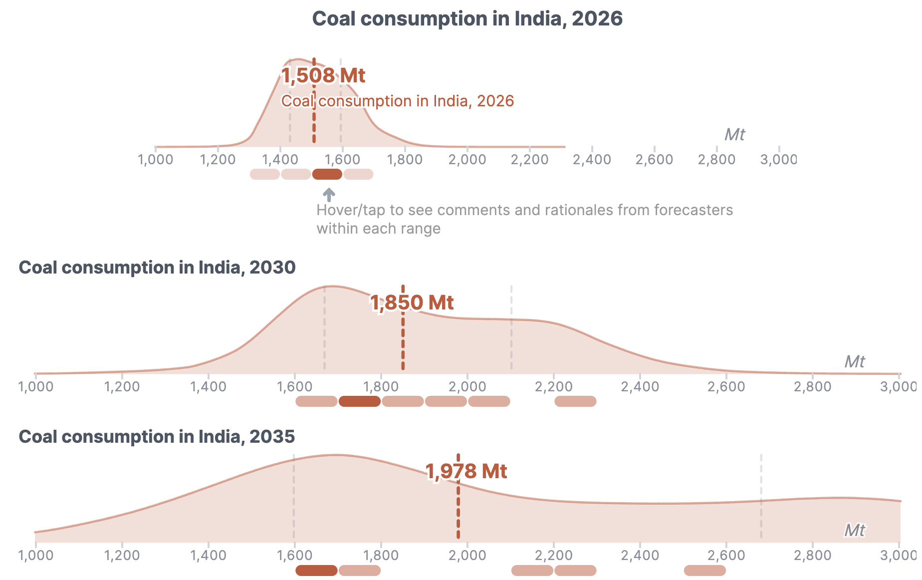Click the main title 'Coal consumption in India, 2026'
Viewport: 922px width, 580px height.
click(467, 19)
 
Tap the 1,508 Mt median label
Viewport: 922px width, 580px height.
click(323, 75)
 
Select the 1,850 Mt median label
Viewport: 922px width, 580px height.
click(412, 302)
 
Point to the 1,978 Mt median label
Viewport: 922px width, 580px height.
click(466, 471)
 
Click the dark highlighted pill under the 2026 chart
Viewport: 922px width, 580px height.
click(327, 174)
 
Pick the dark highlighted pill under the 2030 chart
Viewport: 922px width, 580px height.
click(360, 401)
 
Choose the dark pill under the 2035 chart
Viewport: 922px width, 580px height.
click(316, 571)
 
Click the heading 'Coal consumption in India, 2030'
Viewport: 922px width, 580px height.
click(157, 268)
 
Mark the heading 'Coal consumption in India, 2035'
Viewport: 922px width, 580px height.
click(157, 437)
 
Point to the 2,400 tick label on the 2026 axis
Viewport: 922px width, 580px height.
click(592, 160)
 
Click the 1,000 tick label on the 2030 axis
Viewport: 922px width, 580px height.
click(36, 387)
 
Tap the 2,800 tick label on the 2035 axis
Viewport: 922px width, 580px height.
click(813, 556)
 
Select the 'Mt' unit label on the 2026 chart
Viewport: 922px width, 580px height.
click(734, 134)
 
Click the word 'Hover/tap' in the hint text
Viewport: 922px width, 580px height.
click(351, 210)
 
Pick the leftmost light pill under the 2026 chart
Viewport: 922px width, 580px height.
click(265, 174)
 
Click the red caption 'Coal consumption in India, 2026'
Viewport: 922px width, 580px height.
click(398, 101)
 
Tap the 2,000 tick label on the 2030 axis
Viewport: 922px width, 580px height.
click(467, 387)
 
